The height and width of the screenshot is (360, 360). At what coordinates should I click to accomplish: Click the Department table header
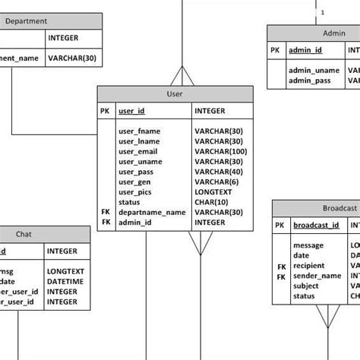tap(27, 21)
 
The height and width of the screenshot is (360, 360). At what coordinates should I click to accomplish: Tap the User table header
tap(175, 94)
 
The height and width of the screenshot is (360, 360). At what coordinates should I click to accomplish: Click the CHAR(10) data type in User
tap(212, 202)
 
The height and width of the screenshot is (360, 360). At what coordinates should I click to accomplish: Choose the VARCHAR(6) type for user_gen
tap(217, 182)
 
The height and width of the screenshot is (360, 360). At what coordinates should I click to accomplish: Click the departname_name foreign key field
tap(152, 213)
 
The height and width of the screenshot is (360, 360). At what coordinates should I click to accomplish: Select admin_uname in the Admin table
tap(313, 70)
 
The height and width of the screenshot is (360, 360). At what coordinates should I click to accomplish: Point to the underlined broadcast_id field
tap(316, 226)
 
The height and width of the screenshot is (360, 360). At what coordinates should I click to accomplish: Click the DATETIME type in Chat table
tap(64, 281)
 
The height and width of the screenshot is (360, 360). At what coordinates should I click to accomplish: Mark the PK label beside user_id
tap(105, 111)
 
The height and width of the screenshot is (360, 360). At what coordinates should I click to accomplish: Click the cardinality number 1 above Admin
tap(323, 12)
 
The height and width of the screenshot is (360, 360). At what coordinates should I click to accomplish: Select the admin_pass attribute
tap(310, 80)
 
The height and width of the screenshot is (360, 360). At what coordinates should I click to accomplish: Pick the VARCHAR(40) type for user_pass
tap(218, 172)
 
